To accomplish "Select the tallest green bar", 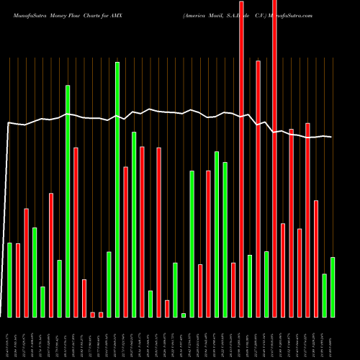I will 117,189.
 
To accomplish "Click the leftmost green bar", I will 10,279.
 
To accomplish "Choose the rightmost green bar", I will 333,287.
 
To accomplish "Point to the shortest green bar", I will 184,315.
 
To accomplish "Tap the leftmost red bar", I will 18,280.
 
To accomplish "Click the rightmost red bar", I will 316,258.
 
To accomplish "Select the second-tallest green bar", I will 68,201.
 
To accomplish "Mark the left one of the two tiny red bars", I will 93,314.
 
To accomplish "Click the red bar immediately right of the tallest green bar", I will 126,242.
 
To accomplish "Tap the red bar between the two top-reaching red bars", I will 258,189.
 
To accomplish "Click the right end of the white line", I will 331,137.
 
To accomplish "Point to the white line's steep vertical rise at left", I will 6,216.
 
